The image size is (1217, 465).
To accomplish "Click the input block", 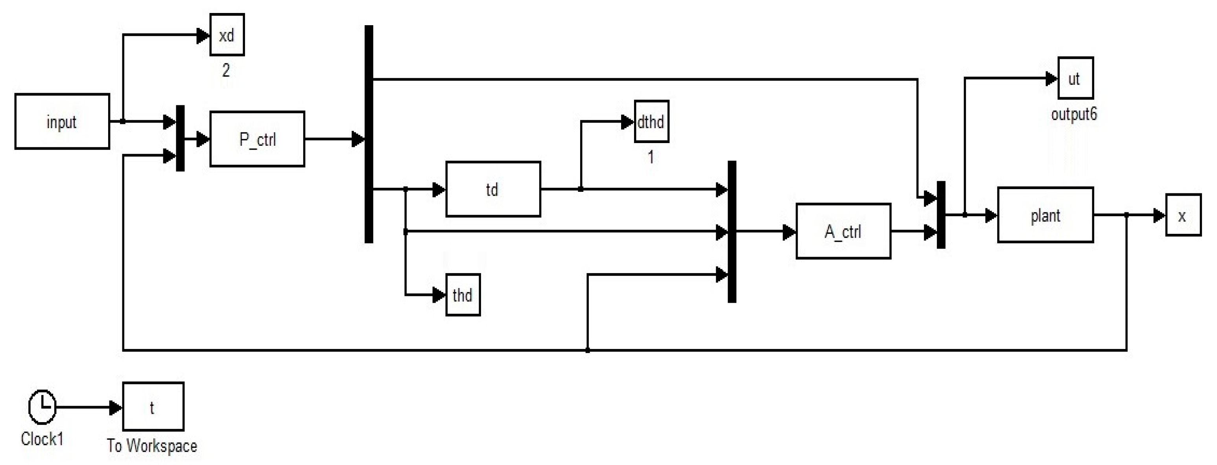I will click(x=62, y=122).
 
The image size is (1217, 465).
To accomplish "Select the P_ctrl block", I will click(x=257, y=139).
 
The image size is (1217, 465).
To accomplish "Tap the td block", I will click(x=493, y=189).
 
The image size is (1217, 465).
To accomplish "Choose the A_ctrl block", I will click(x=843, y=231).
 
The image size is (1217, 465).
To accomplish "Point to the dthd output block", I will click(x=651, y=122).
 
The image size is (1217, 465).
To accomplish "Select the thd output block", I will click(x=463, y=295).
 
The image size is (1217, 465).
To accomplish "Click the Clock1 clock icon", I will click(x=42, y=406).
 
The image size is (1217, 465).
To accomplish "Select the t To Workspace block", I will click(x=153, y=407).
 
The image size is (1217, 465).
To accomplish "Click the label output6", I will click(x=1074, y=114).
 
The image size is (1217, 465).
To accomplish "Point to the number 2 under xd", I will click(x=226, y=70).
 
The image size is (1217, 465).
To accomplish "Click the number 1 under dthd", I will click(x=651, y=157).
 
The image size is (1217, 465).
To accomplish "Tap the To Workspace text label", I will click(x=152, y=446).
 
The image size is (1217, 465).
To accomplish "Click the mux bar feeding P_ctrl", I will click(x=180, y=138).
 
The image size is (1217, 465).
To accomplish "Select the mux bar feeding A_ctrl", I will click(x=732, y=231).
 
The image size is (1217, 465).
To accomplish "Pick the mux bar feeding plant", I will click(x=940, y=215).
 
